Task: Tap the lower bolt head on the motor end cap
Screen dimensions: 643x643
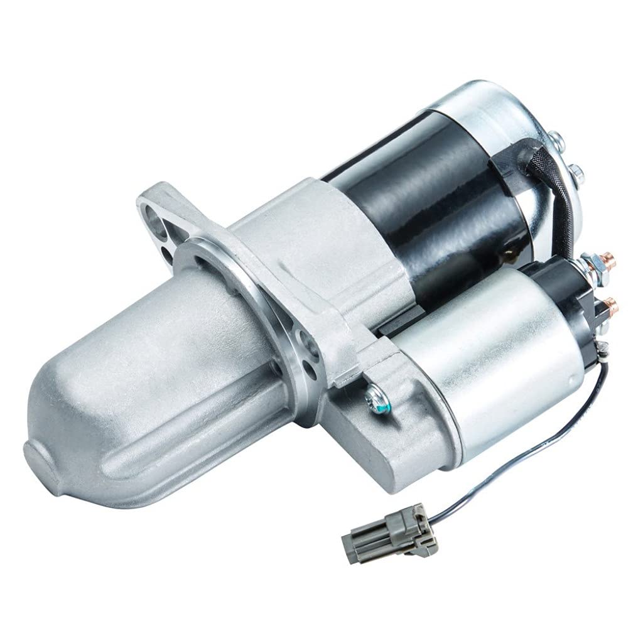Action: tap(576, 168)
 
